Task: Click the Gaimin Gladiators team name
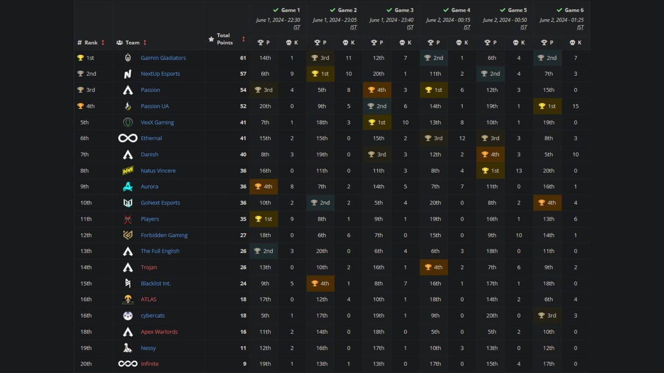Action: [x=163, y=58]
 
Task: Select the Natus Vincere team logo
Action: [x=128, y=171]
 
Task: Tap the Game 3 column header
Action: [x=403, y=10]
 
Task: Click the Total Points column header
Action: [x=224, y=39]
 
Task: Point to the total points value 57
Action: [x=243, y=74]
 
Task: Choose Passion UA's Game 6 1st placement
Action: [x=548, y=106]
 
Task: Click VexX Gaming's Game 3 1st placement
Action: [x=378, y=122]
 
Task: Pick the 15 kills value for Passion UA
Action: [x=575, y=106]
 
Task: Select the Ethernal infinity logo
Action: [x=128, y=138]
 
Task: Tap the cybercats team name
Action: [x=152, y=316]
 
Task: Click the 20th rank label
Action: [x=86, y=364]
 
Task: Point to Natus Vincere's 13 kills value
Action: [x=519, y=171]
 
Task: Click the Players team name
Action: [x=149, y=219]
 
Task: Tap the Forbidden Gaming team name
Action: [x=164, y=235]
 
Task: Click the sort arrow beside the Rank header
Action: [x=103, y=43]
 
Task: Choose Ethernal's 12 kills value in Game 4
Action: [x=462, y=138]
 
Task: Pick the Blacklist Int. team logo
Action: [x=128, y=283]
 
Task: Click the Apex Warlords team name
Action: [x=159, y=332]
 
